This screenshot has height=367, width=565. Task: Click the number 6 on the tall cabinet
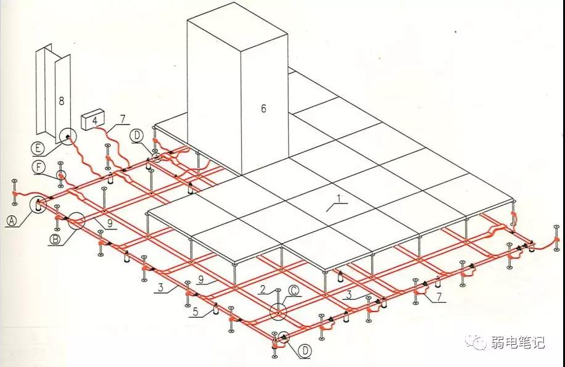point(263,108)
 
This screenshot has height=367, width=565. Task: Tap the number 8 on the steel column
point(61,101)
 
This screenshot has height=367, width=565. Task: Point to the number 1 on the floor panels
point(339,198)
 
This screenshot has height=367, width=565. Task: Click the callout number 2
point(263,289)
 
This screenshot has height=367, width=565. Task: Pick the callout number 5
point(196,311)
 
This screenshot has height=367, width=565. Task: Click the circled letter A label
point(12,220)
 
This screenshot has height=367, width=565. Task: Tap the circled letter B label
point(55,239)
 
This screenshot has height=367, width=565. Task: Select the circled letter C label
point(294,291)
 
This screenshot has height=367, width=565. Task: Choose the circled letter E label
point(38,149)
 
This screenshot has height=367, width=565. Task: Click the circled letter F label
point(39,168)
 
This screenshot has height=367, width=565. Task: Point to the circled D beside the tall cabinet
point(138,136)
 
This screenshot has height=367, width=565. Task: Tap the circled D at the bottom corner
point(305,351)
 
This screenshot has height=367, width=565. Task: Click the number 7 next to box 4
point(123,119)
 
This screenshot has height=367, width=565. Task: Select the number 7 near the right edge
point(439,297)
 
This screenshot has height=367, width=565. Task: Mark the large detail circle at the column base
point(67,136)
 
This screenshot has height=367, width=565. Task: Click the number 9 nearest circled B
point(110,223)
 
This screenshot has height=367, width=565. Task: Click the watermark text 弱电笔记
point(518,342)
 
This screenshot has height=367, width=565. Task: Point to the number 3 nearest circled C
point(348,295)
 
